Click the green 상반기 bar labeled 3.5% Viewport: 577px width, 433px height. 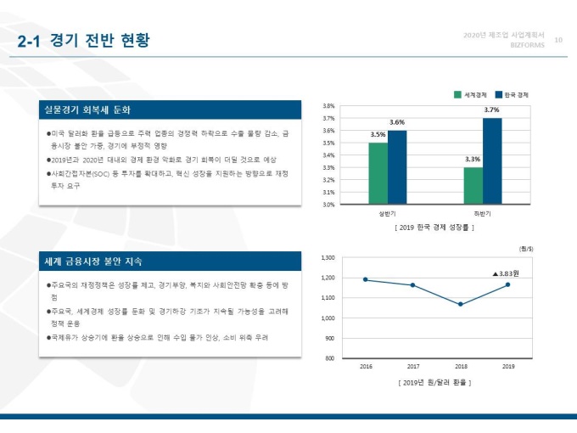(378, 173)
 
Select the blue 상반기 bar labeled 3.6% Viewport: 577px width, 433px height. (397, 167)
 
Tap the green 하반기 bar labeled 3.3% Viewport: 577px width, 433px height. (473, 186)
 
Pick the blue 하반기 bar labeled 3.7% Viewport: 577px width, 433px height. (492, 161)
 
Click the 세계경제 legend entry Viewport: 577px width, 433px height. (471, 94)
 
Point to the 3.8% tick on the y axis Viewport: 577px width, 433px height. (330, 106)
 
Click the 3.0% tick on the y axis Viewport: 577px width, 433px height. (330, 205)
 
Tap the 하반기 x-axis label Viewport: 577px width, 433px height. (482, 214)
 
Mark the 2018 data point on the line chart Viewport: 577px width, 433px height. (461, 304)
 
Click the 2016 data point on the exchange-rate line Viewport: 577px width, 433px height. (366, 279)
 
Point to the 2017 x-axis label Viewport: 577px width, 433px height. (413, 367)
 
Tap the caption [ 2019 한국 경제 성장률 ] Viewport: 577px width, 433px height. (434, 228)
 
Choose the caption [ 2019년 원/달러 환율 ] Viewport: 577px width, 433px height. (434, 383)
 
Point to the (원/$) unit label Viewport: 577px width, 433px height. (525, 248)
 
